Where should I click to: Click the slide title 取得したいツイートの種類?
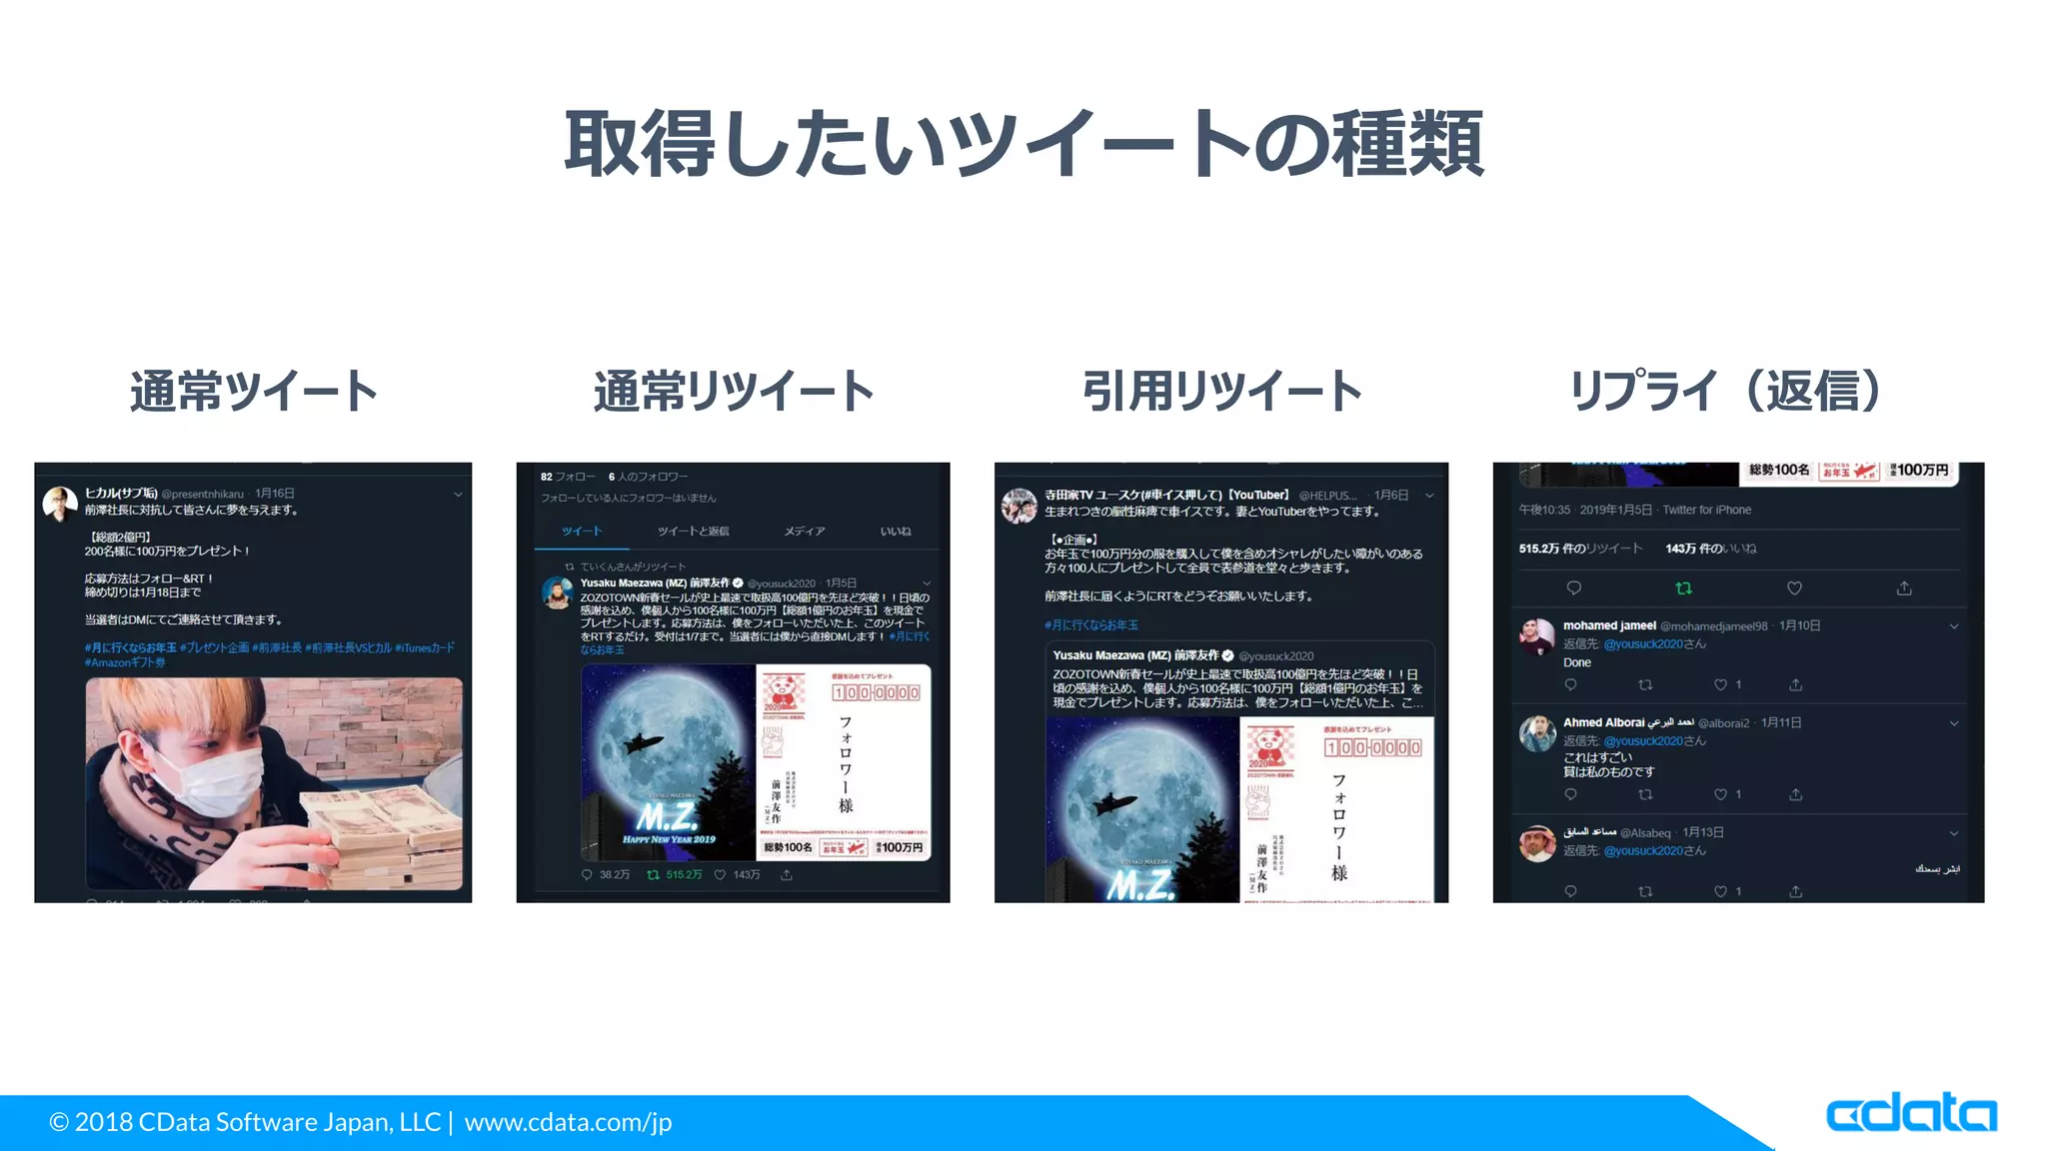tap(1023, 145)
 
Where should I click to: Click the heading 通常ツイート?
tap(254, 391)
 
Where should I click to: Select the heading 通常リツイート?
tap(734, 391)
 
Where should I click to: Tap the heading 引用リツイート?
tap(1221, 391)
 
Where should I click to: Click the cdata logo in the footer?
tap(1911, 1113)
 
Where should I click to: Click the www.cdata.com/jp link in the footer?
tap(568, 1122)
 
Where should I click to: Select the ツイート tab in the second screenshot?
tap(582, 532)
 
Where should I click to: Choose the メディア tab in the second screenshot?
tap(805, 532)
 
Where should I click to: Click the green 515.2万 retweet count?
tap(684, 875)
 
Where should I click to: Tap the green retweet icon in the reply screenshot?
tap(1683, 588)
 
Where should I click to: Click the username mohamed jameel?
tap(1609, 625)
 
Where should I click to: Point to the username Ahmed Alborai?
tap(1603, 722)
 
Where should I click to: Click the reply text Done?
tap(1577, 662)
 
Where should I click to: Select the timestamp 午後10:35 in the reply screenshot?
tap(1544, 510)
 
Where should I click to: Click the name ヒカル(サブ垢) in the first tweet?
tap(121, 494)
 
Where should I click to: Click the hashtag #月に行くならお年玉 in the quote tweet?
tap(1091, 625)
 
